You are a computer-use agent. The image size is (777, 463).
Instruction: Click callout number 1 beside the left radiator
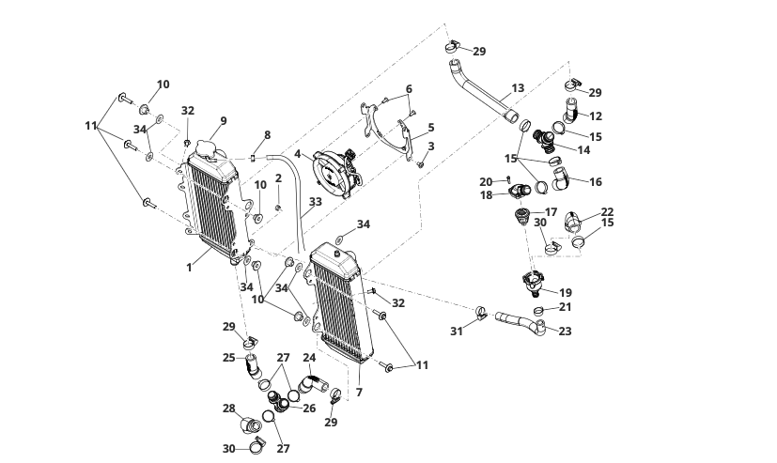[x=189, y=267]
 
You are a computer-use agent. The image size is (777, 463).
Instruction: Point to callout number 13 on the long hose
[x=518, y=90]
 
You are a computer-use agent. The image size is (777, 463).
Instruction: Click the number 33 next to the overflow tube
[x=315, y=201]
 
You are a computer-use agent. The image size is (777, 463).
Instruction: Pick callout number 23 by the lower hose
[x=565, y=331]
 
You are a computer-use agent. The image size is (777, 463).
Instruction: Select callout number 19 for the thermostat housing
[x=565, y=292]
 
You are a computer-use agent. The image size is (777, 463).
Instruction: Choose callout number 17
[x=551, y=212]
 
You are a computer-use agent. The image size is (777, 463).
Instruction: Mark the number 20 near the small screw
[x=486, y=181]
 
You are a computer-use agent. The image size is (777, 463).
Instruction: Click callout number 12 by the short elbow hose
[x=596, y=116]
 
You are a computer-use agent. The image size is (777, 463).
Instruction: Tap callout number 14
[x=583, y=149]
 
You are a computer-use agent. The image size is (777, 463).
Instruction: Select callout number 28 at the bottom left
[x=228, y=408]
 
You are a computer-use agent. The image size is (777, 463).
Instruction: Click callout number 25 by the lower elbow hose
[x=228, y=358]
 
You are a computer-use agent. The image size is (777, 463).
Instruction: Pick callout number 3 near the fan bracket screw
[x=431, y=146]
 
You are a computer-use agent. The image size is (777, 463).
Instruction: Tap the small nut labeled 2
[x=278, y=206]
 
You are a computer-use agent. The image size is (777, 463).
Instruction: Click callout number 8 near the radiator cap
[x=267, y=135]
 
